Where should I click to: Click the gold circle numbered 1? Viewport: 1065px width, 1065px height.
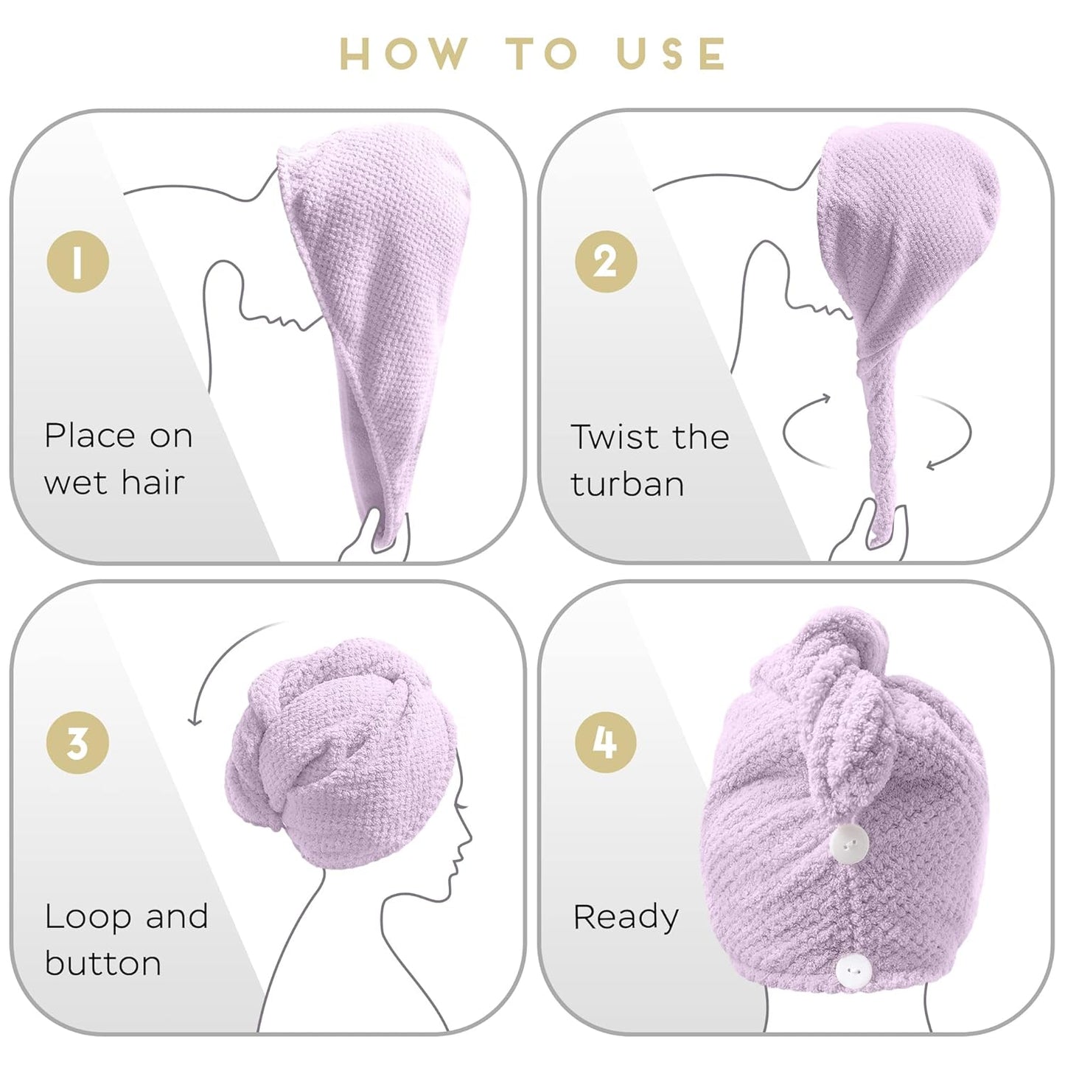pyautogui.click(x=78, y=262)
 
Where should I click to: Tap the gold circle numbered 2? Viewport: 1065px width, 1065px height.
pyautogui.click(x=606, y=262)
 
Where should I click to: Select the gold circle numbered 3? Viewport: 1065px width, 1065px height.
pyautogui.click(x=78, y=742)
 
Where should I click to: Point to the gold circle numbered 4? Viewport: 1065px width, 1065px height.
pyautogui.click(x=606, y=742)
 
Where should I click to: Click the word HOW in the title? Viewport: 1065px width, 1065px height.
pyautogui.click(x=404, y=54)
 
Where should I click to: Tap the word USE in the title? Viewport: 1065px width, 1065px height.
pyautogui.click(x=671, y=54)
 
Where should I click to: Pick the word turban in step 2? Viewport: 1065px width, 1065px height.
pyautogui.click(x=627, y=484)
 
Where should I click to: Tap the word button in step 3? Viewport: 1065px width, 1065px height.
pyautogui.click(x=103, y=964)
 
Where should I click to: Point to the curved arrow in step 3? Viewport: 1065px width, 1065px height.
pyautogui.click(x=217, y=663)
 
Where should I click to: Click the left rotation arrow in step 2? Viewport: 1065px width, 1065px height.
pyautogui.click(x=800, y=427)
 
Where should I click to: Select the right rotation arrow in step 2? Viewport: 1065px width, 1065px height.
pyautogui.click(x=954, y=435)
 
